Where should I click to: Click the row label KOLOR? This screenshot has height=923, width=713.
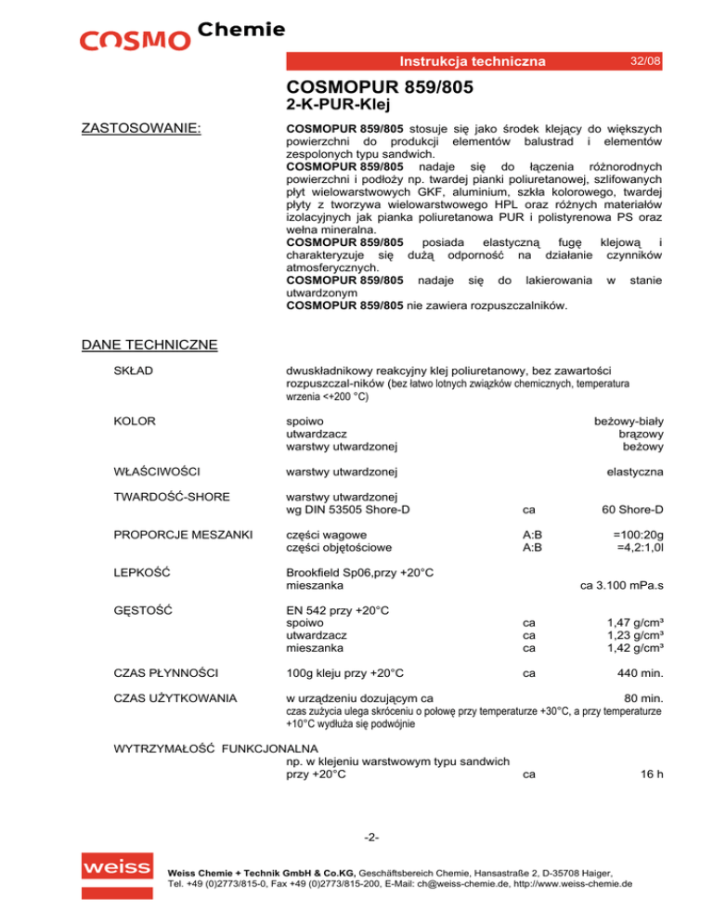(134, 421)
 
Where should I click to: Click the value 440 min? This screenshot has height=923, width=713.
(640, 671)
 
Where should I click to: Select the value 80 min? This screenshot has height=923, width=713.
(643, 697)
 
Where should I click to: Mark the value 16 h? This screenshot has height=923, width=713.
(650, 773)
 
